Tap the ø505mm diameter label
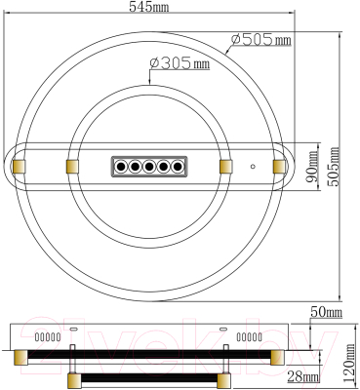tap(261, 41)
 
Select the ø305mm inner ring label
tap(180, 63)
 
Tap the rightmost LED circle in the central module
tap(177, 167)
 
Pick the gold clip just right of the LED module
tap(227, 167)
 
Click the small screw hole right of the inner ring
tap(253, 167)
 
